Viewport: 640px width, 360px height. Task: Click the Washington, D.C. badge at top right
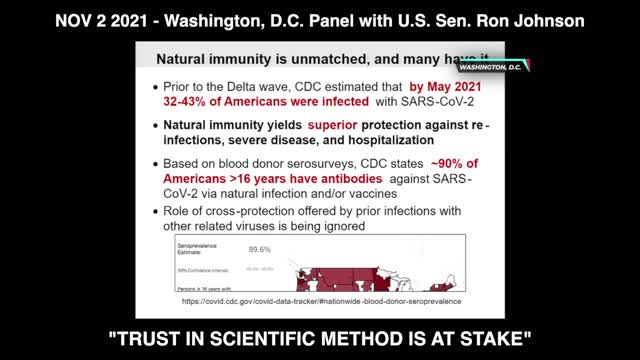pyautogui.click(x=491, y=67)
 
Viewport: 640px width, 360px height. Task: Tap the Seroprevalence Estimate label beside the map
pyautogui.click(x=199, y=248)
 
